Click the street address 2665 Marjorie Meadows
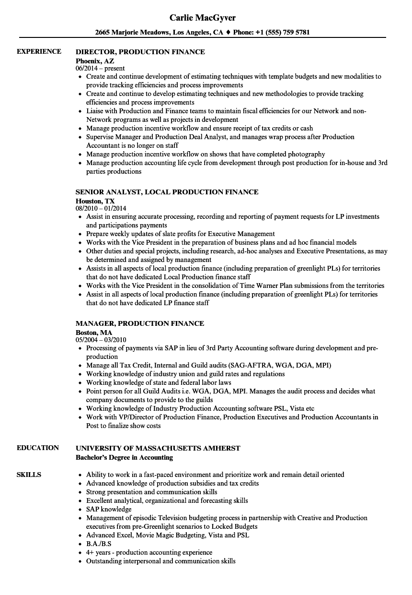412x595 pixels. pyautogui.click(x=132, y=33)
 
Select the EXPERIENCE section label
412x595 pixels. pyautogui.click(x=39, y=51)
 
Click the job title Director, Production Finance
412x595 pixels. pyautogui.click(x=140, y=52)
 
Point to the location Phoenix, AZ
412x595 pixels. pyautogui.click(x=95, y=60)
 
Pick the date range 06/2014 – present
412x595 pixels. pyautogui.click(x=100, y=69)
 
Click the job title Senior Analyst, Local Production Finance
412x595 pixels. pyautogui.click(x=167, y=192)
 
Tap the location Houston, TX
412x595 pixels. pyautogui.click(x=95, y=201)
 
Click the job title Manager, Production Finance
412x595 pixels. pyautogui.click(x=140, y=323)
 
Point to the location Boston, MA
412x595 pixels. pyautogui.click(x=94, y=332)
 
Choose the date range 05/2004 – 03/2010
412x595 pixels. pyautogui.click(x=101, y=340)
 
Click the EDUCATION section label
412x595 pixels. pyautogui.click(x=38, y=448)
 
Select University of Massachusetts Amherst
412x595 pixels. pyautogui.click(x=158, y=448)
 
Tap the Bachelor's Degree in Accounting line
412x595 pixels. pyautogui.click(x=124, y=458)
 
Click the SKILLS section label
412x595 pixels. pyautogui.click(x=29, y=475)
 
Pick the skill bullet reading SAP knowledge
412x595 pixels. pyautogui.click(x=109, y=509)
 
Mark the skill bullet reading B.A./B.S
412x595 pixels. pyautogui.click(x=98, y=544)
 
